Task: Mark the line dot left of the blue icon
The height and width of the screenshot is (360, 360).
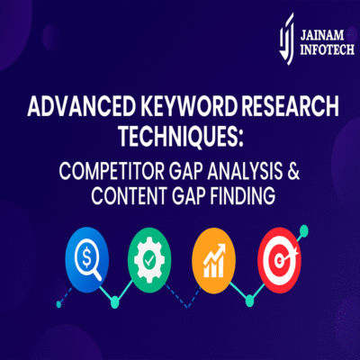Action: point(59,303)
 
